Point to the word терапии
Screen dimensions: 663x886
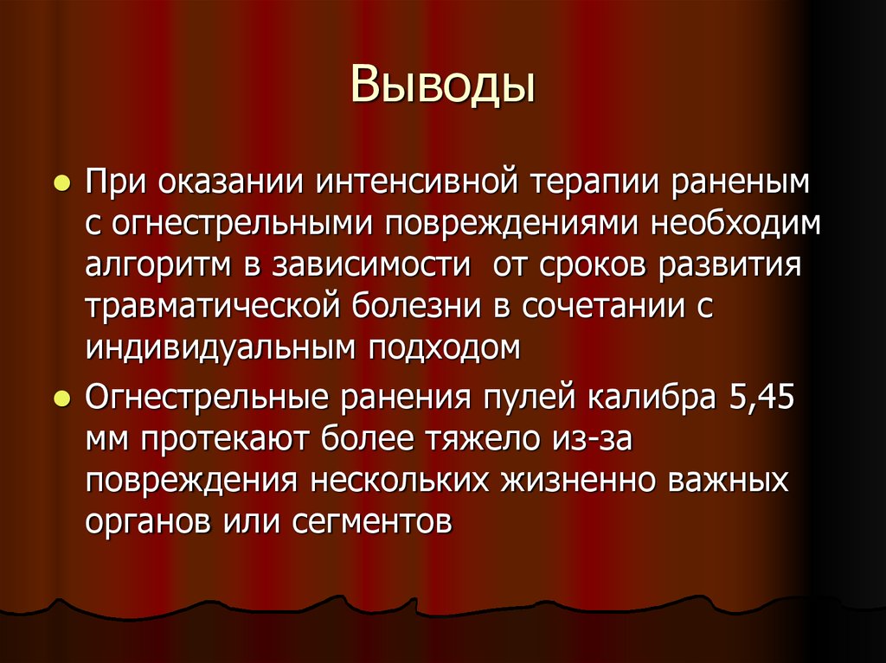click(x=586, y=185)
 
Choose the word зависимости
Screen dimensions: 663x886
click(x=372, y=265)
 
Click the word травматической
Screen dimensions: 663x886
click(x=202, y=307)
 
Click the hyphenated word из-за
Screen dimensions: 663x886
click(x=588, y=441)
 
